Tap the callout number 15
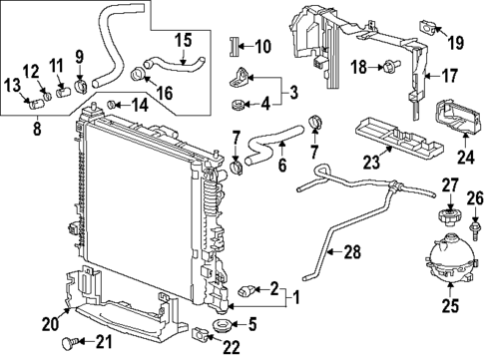point(183,43)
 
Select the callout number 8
point(37,127)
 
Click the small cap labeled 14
point(116,103)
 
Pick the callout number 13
point(14,87)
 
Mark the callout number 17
point(451,76)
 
